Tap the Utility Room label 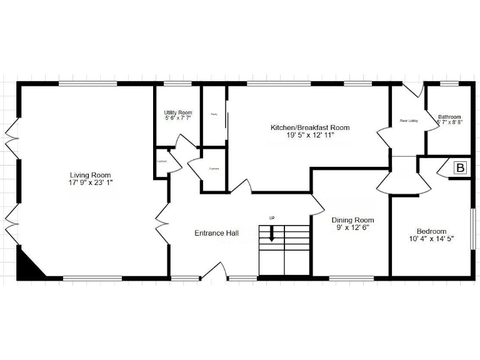click(178, 112)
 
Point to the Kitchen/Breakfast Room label click(309, 127)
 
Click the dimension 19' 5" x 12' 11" click(309, 135)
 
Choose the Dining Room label click(352, 220)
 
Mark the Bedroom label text click(431, 231)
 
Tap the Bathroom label click(449, 116)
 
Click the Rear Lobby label click(408, 121)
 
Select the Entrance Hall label click(216, 233)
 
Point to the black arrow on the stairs click(272, 234)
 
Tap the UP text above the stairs click(272, 217)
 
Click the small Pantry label click(214, 114)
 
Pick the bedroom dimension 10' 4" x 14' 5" click(431, 239)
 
